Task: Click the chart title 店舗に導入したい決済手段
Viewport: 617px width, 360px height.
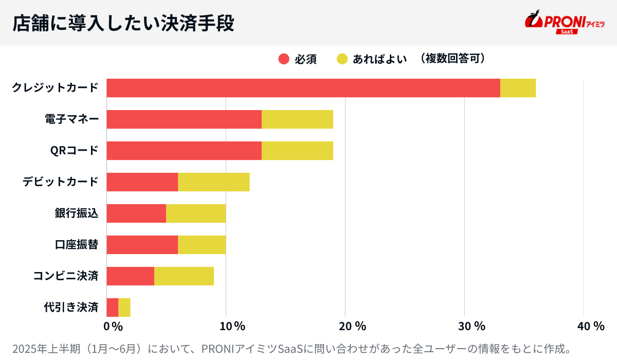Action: click(x=123, y=23)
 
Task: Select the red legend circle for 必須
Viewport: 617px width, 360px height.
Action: click(x=284, y=59)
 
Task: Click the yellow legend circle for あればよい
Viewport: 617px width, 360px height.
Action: click(x=342, y=59)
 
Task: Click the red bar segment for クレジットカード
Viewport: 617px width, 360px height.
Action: click(x=303, y=88)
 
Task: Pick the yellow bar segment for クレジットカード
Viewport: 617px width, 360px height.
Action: click(x=518, y=88)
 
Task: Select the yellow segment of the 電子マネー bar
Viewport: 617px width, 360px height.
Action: click(x=297, y=119)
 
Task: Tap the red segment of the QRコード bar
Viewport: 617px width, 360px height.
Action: click(x=184, y=151)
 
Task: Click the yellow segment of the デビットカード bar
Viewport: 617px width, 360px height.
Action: click(x=213, y=182)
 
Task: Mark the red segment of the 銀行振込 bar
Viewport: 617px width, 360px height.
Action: click(x=136, y=213)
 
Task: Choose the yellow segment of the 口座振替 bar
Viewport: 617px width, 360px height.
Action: click(x=202, y=245)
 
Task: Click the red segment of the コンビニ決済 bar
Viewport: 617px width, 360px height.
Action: click(x=130, y=276)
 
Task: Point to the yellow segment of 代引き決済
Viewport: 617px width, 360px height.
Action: click(x=124, y=308)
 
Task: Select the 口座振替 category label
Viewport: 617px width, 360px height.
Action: click(x=76, y=245)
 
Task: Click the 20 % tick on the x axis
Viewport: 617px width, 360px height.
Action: click(x=352, y=326)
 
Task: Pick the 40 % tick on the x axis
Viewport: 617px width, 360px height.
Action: click(x=591, y=326)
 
